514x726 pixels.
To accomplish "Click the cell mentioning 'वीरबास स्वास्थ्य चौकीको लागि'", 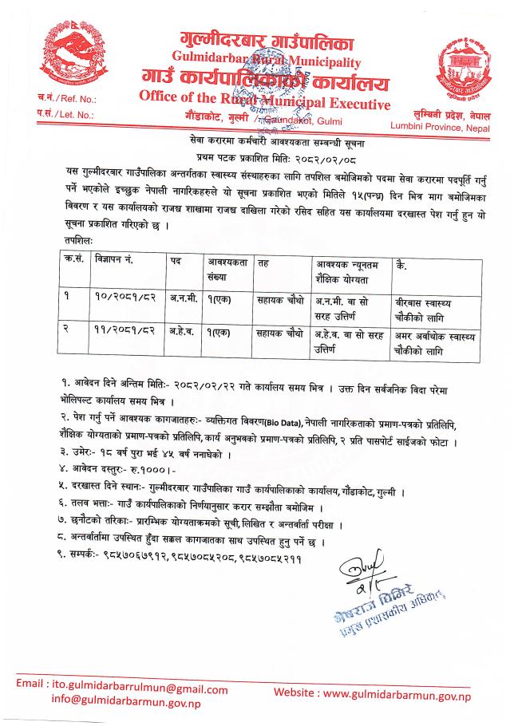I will pos(436,300).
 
